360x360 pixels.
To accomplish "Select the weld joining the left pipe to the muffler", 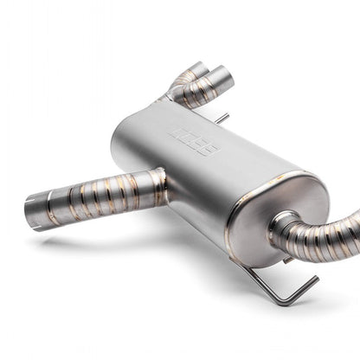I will (162, 183).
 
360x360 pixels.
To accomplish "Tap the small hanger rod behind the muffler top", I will (222, 117).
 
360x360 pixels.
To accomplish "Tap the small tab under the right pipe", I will (288, 258).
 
